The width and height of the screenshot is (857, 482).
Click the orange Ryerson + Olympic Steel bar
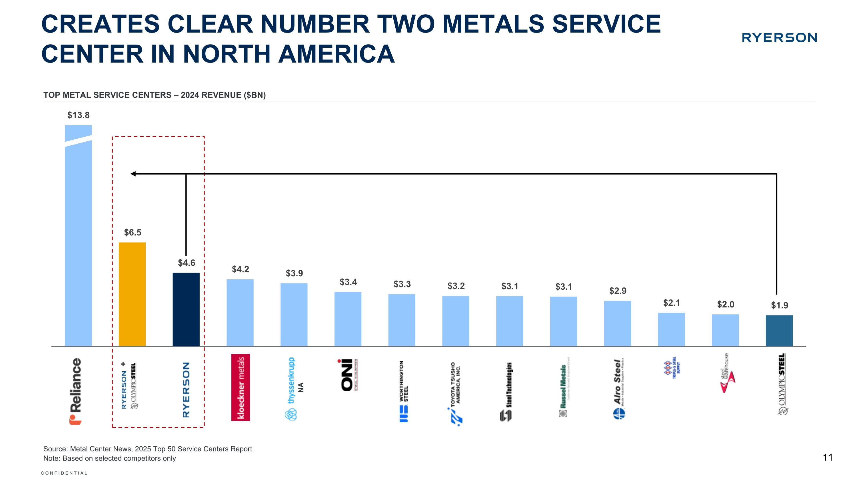(132, 294)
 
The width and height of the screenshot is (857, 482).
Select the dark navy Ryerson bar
(186, 309)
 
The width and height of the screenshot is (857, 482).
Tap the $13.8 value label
(79, 115)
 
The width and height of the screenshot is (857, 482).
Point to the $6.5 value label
(133, 233)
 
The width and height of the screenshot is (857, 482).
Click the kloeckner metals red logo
(241, 387)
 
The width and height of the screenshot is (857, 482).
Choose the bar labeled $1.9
(779, 331)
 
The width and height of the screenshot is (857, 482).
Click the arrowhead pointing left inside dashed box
(133, 174)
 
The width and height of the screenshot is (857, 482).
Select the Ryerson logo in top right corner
(779, 38)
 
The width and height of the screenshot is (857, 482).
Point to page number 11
(827, 458)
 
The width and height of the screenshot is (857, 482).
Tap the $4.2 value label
(240, 269)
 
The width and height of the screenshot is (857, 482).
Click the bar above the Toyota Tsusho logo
(455, 321)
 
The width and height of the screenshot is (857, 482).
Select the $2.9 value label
(617, 291)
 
